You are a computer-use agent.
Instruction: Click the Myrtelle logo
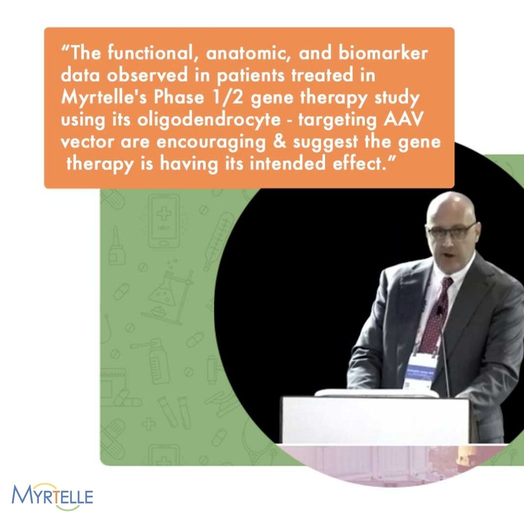tap(52, 496)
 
